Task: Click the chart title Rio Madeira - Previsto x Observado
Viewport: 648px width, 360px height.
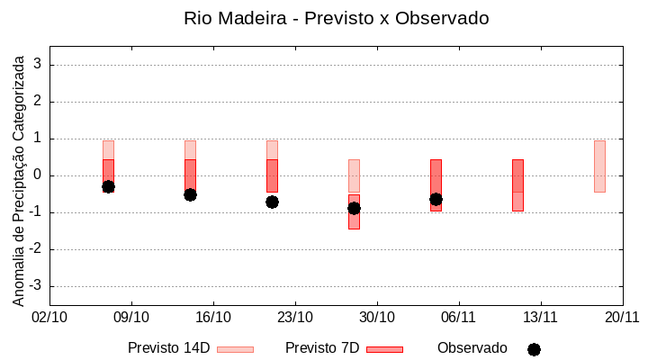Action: (337, 18)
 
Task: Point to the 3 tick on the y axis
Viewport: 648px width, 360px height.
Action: (38, 65)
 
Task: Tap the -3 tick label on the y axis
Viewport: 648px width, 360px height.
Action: (35, 286)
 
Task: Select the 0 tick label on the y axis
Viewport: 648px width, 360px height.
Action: (38, 175)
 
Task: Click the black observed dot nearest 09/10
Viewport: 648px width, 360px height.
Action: (108, 186)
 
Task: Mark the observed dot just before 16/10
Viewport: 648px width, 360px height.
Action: (190, 194)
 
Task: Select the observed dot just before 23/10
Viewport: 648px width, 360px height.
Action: (272, 202)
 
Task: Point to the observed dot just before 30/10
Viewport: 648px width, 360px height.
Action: (354, 208)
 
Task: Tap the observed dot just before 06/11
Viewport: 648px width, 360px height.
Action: (436, 199)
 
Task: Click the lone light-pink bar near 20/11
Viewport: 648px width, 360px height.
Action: (599, 166)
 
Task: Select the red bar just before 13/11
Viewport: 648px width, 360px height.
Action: (517, 184)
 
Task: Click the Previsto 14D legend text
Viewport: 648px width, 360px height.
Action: (168, 348)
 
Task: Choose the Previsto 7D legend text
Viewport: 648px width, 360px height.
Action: (322, 348)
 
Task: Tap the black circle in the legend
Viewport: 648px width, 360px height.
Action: (534, 349)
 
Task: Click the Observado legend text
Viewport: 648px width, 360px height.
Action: (472, 348)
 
